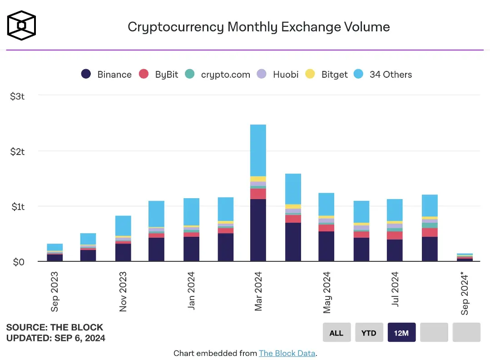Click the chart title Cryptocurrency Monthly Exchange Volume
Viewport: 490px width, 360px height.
coord(259,27)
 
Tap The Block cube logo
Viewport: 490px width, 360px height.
coord(21,25)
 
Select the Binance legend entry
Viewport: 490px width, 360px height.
coord(106,75)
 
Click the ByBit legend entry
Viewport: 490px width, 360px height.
coord(158,75)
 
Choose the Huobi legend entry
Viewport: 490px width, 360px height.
coord(277,75)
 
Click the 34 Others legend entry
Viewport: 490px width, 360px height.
coord(383,75)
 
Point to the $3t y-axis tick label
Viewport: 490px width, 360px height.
coord(17,96)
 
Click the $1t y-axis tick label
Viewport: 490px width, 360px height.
coord(18,207)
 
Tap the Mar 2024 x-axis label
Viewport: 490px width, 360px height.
coord(258,291)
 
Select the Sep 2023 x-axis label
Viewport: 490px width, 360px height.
coord(54,292)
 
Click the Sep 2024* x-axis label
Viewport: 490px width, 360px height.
coord(465,293)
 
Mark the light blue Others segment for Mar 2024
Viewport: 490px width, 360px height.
coord(258,150)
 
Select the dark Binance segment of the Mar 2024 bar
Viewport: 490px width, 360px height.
coord(258,230)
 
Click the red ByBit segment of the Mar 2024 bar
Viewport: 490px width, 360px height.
coord(258,194)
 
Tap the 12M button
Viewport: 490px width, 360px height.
coord(401,332)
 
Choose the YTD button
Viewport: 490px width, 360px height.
coord(369,332)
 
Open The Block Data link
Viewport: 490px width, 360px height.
coord(287,353)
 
